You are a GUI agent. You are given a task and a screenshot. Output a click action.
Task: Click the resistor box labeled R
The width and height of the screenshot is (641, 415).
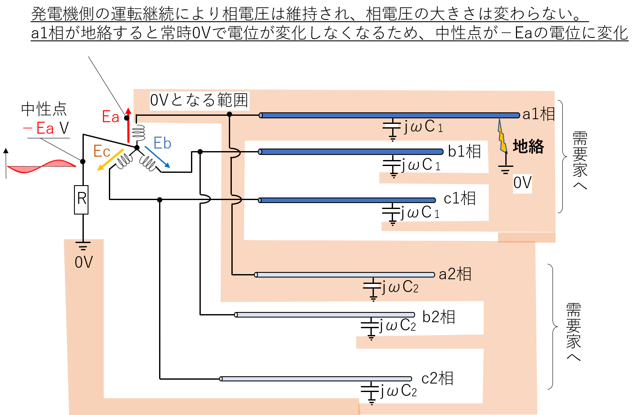pos(81,200)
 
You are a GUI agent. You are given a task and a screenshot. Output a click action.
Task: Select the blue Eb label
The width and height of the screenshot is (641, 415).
pos(162,143)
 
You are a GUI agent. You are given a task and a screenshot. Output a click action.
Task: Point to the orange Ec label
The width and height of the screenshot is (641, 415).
pos(102,151)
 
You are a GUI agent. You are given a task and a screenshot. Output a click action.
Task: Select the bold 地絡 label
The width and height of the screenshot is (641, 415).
pos(528,146)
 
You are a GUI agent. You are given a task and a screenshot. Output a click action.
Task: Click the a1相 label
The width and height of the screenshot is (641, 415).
pos(538,114)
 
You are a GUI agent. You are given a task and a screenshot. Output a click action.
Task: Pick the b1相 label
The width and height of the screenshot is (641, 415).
pos(464,151)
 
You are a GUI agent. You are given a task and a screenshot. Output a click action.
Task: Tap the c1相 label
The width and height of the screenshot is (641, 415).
pos(459,198)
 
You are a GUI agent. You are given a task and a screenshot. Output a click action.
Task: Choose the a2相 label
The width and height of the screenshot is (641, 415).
pos(455,274)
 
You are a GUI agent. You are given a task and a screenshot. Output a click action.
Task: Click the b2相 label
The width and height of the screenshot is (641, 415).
pos(439,317)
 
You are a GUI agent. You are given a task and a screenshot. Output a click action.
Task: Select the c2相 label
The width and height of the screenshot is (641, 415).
pos(437,378)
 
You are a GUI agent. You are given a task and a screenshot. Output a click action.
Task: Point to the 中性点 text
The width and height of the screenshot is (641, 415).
pos(44,109)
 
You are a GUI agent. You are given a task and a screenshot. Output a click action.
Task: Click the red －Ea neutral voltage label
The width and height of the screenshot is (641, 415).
pos(38,128)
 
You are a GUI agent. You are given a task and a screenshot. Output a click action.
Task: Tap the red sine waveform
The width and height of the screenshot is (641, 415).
pos(42,166)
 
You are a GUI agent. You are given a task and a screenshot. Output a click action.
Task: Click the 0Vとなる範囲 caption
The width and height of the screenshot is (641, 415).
pos(199,100)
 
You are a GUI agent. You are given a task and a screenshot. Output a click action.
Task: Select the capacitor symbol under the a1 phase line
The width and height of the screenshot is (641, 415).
pos(392,130)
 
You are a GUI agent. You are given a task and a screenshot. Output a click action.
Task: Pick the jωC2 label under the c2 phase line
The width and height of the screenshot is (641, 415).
pos(398,390)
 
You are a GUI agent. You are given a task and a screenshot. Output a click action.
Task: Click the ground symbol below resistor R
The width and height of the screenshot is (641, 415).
pos(83,246)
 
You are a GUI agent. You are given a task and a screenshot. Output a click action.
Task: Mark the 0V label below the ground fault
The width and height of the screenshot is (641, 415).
pos(522,183)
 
